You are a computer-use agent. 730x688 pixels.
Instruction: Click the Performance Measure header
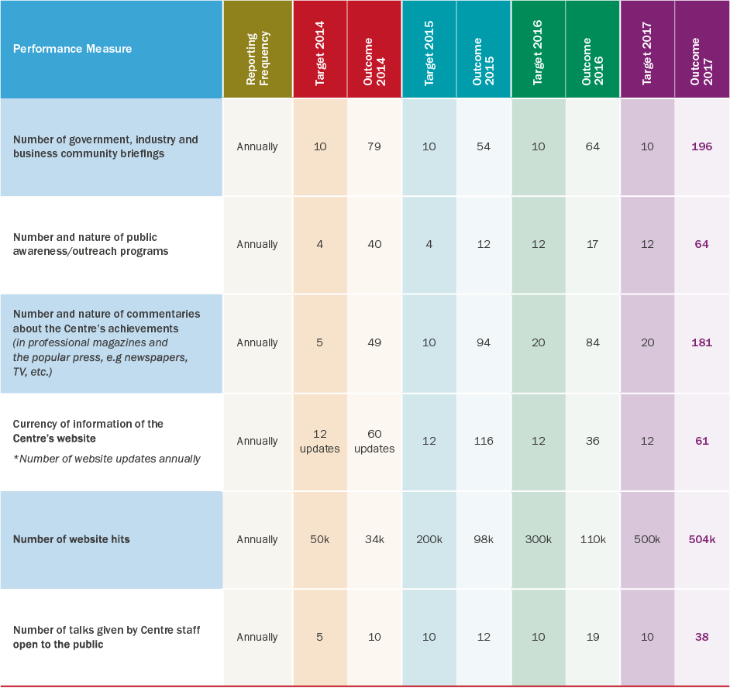72,49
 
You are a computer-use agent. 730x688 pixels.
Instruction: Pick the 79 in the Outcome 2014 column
374,146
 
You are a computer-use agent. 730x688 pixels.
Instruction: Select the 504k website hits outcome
701,539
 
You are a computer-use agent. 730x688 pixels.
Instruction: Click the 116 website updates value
484,441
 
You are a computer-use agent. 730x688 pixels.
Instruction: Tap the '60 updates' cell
374,441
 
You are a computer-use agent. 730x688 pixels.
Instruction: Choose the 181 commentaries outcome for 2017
701,342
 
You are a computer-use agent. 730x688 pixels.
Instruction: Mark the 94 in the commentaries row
484,342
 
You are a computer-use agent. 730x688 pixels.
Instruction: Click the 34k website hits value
374,539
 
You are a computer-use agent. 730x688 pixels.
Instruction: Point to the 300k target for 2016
538,539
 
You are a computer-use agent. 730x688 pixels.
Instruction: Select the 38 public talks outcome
701,637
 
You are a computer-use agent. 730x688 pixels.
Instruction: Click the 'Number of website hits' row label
71,539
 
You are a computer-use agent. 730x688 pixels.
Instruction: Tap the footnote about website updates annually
107,459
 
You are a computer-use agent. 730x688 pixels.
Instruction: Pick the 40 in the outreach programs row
374,244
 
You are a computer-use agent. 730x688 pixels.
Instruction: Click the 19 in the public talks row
593,637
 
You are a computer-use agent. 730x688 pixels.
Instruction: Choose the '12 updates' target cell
320,441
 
